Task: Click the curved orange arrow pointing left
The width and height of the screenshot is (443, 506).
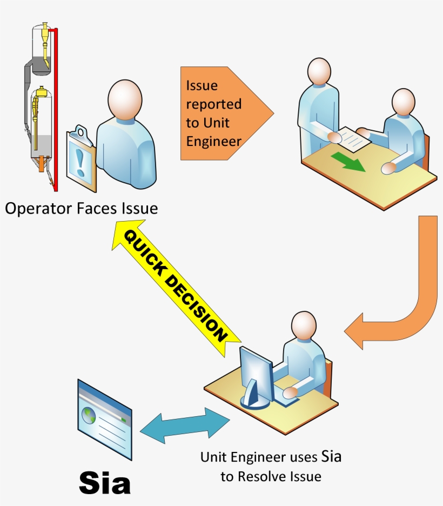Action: (x=400, y=303)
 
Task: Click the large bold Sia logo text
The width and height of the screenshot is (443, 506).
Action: (x=105, y=482)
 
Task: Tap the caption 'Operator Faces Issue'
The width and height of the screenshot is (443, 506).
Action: (x=81, y=208)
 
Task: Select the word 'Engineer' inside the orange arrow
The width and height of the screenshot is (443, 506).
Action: (x=213, y=141)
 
